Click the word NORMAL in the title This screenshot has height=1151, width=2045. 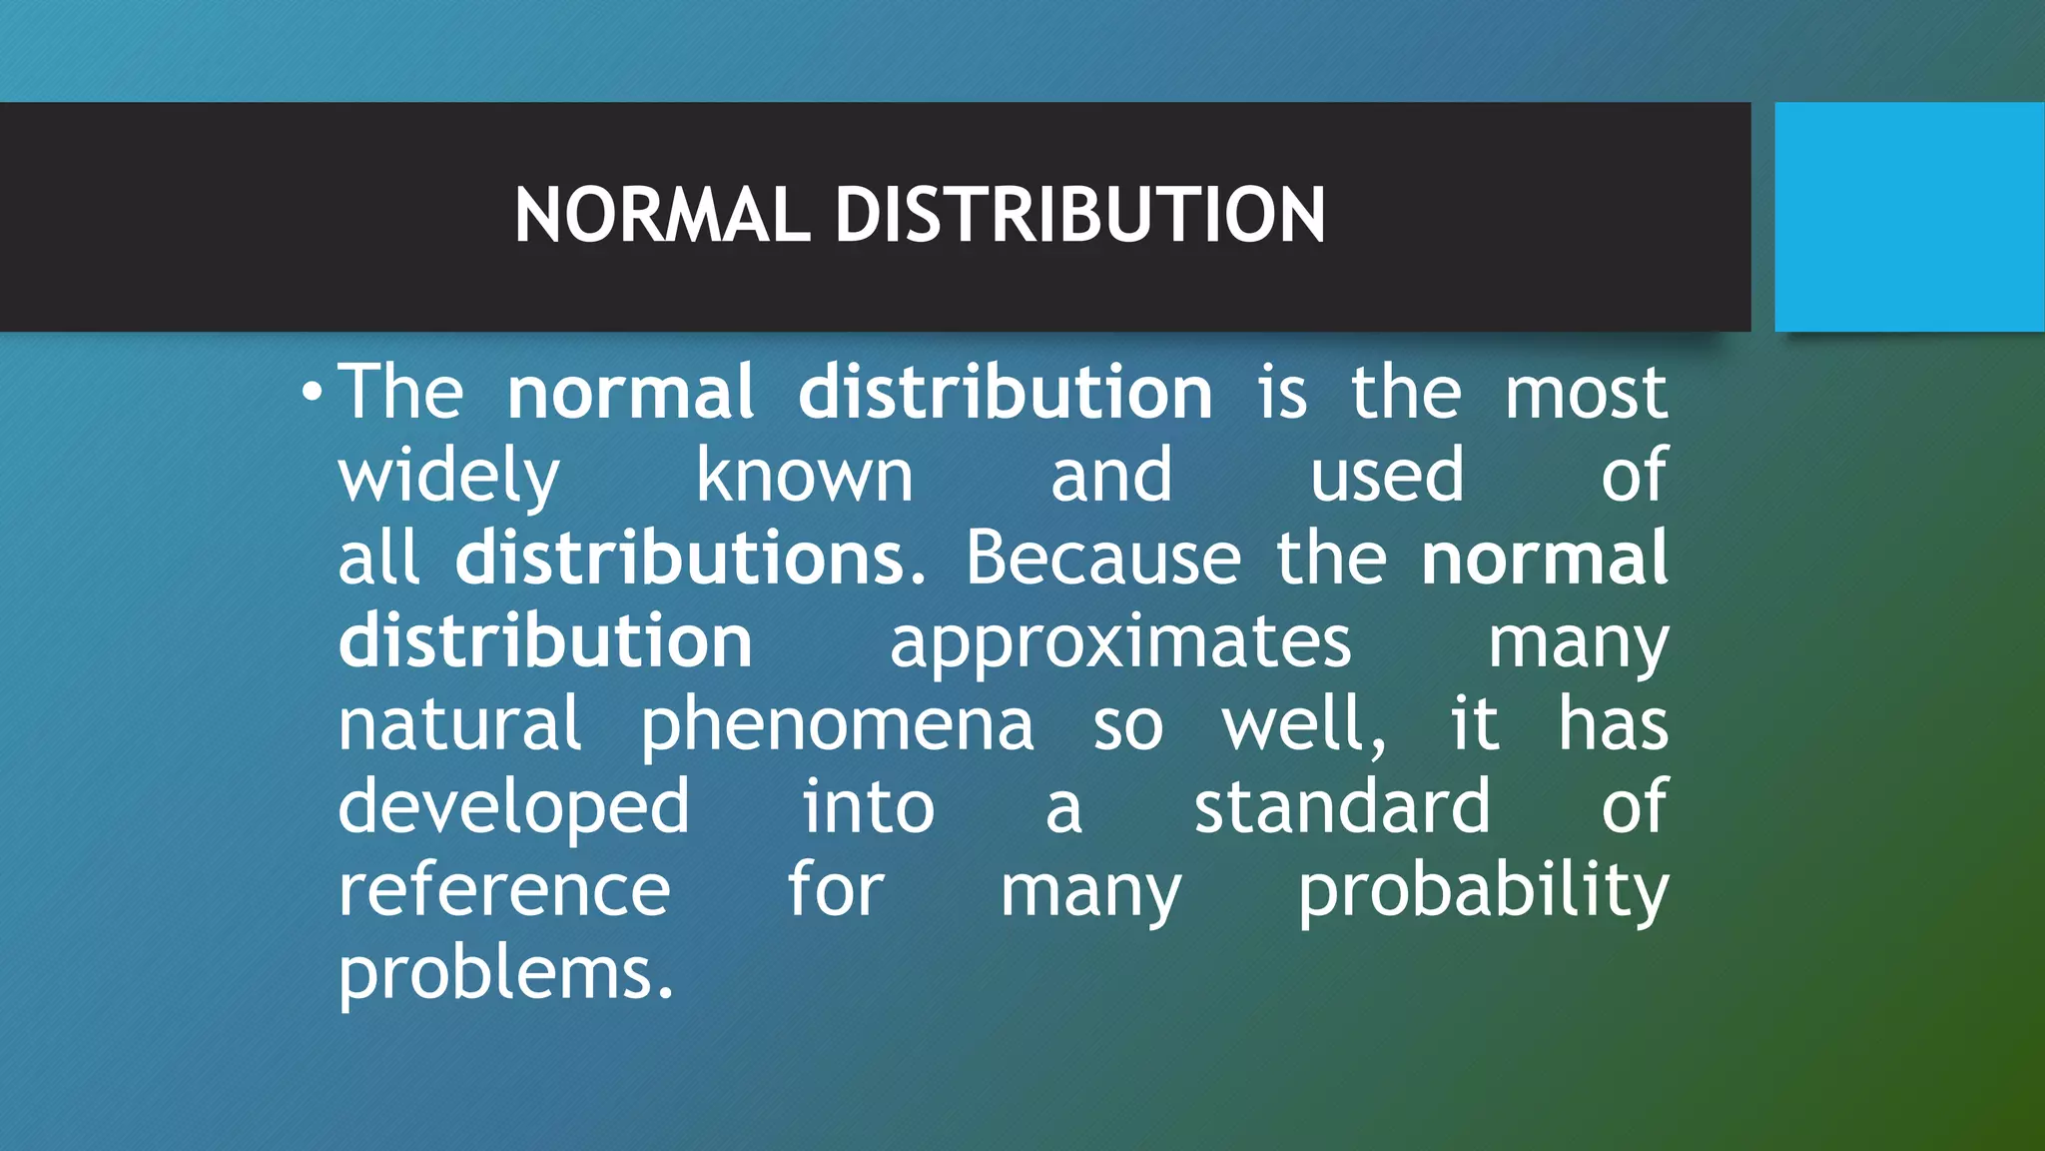661,215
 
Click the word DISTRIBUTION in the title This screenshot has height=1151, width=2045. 1079,215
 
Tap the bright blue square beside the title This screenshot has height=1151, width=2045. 1908,216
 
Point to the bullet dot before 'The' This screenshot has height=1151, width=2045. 313,391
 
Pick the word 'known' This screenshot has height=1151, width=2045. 804,476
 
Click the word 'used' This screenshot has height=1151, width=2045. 1386,476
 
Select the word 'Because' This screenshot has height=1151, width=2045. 1102,558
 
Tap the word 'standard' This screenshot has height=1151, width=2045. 1342,806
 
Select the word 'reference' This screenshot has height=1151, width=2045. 504,891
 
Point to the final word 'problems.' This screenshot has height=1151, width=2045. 506,975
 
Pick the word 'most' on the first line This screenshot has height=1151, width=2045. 1586,393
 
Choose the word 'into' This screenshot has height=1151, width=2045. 868,806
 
